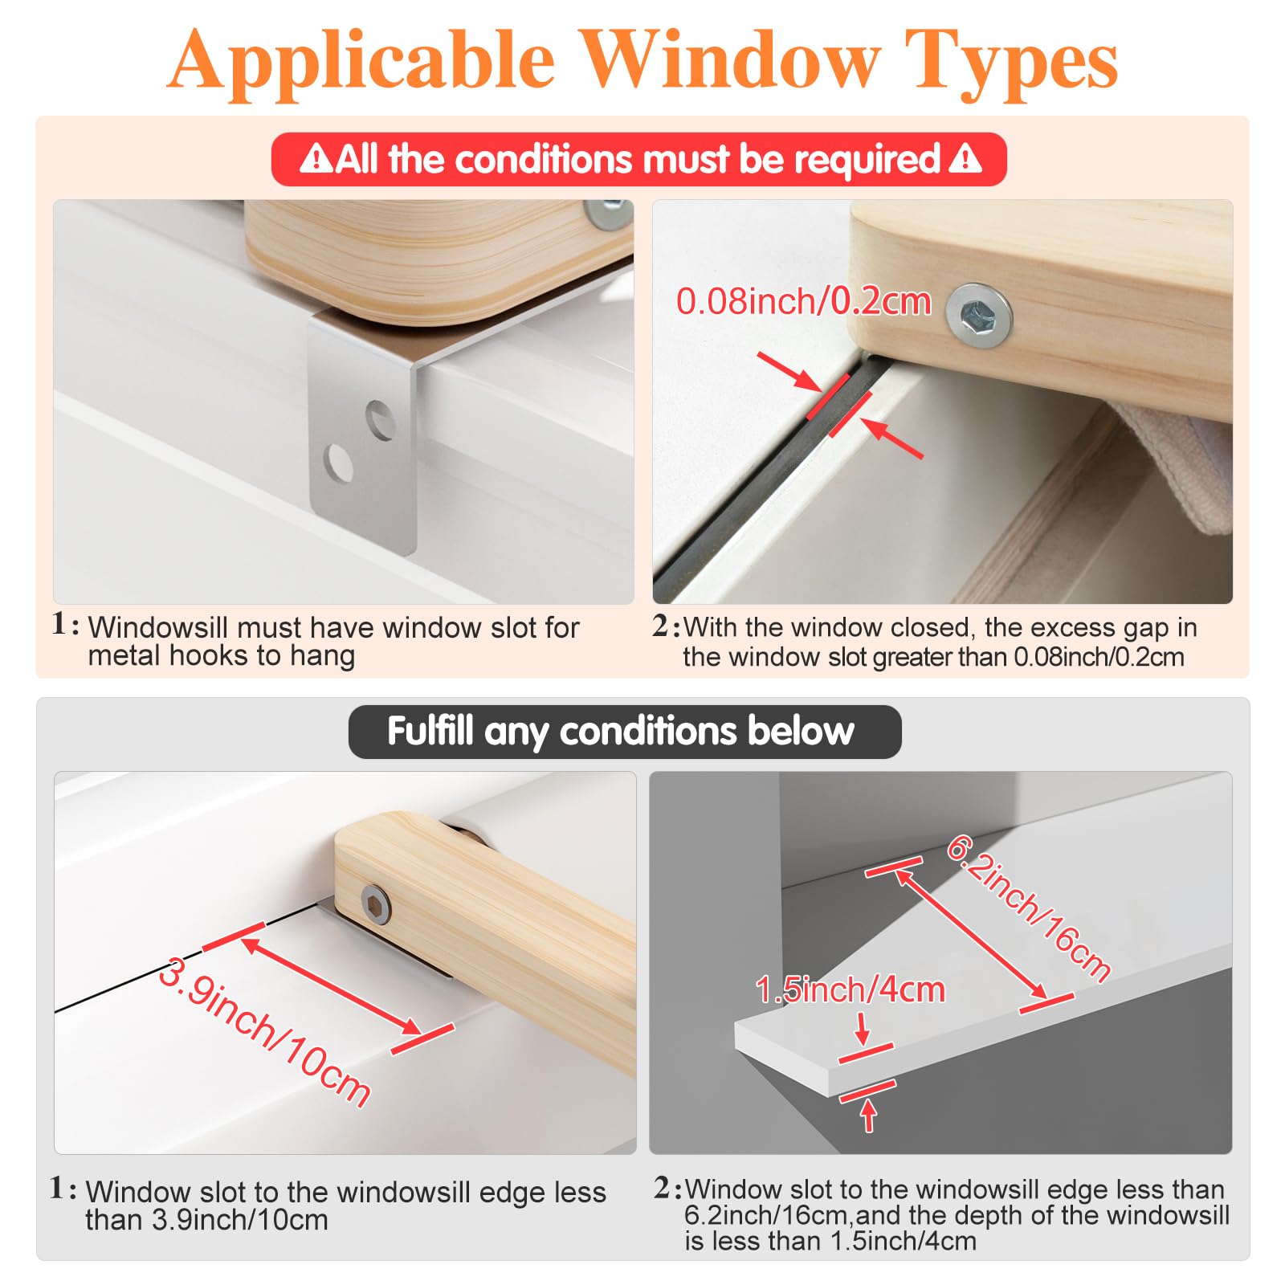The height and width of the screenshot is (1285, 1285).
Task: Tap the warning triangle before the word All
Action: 316,158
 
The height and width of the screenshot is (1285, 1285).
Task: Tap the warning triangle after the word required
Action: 965,158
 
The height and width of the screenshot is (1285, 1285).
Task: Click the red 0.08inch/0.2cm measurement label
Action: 803,302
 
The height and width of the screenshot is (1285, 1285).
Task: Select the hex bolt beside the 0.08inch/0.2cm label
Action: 978,316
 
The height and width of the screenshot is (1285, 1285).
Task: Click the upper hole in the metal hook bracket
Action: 381,421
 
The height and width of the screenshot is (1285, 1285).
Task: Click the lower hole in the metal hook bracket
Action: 338,463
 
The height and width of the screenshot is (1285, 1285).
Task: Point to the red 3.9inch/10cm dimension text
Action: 264,1032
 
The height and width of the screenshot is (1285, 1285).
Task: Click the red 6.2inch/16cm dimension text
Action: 1029,908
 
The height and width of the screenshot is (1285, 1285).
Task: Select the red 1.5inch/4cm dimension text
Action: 850,989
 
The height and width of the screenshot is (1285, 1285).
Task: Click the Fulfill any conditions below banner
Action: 625,732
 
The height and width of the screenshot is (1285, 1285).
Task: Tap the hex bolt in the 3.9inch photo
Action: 376,904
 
